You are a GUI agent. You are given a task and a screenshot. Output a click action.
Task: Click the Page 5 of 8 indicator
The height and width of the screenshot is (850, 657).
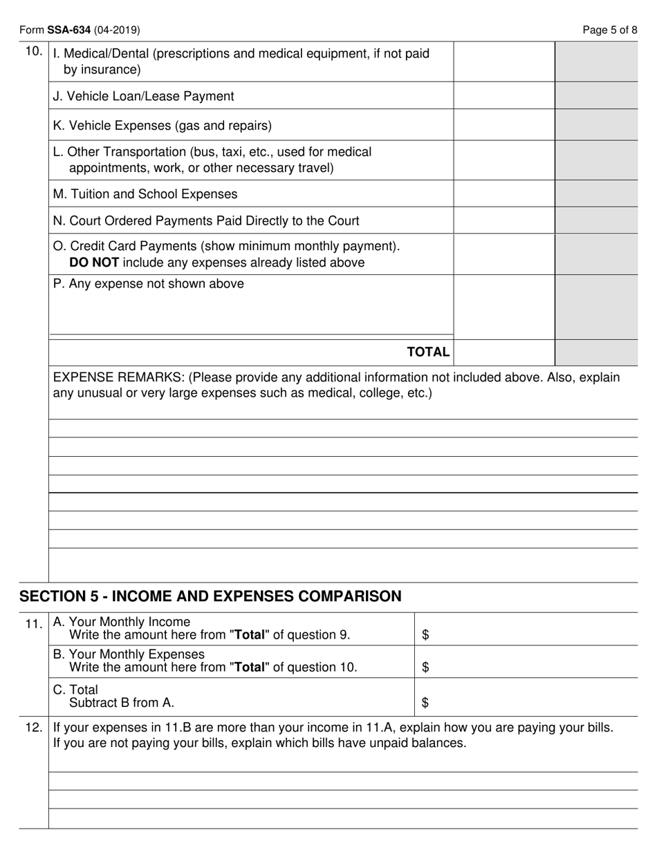[x=609, y=30]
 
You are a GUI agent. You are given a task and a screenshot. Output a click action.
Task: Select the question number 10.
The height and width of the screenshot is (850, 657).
[x=34, y=51]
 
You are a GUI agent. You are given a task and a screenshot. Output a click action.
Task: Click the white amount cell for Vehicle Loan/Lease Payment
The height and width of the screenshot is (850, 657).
[x=503, y=96]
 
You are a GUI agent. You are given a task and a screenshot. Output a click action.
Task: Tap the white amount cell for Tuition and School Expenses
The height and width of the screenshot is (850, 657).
[x=503, y=194]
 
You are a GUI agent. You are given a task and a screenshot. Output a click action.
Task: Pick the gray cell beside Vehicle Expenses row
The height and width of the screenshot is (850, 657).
[x=596, y=125]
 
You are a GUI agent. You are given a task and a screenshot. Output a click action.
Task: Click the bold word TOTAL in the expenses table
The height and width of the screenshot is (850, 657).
[x=428, y=352]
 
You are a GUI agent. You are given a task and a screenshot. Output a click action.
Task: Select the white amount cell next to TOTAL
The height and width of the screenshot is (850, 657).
[x=503, y=352]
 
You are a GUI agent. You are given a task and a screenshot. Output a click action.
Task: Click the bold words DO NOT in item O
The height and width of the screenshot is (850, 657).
[x=94, y=263]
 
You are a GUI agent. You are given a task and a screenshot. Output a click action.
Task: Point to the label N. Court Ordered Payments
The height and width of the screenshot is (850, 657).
[x=206, y=220]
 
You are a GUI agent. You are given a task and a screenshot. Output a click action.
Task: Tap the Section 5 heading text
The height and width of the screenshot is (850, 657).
[x=210, y=596]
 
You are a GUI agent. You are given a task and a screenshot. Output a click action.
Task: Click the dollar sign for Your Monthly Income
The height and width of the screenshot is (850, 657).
[x=425, y=634]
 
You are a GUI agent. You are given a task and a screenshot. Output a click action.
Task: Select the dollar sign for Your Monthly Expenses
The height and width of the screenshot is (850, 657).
[x=425, y=667]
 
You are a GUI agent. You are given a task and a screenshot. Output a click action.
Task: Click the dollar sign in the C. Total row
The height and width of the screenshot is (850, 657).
[x=425, y=703]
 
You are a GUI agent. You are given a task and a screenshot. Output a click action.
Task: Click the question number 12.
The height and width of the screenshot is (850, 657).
[x=34, y=728]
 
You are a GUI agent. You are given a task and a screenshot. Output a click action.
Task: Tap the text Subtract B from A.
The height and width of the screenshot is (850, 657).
[x=122, y=703]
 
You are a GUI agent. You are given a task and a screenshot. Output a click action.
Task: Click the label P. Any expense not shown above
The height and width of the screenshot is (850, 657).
[x=148, y=283]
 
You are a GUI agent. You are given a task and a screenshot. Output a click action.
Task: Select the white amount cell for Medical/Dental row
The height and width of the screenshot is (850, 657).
[x=503, y=62]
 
